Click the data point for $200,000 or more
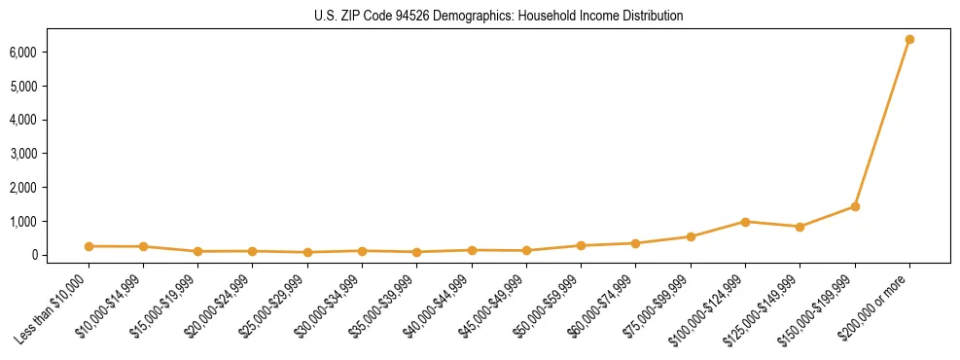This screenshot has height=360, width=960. [x=909, y=39]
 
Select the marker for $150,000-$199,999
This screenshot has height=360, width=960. [x=855, y=206]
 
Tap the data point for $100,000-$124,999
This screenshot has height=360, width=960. [x=745, y=222]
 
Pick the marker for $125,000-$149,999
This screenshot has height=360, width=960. [x=800, y=227]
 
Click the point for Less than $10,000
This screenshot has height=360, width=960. [x=89, y=246]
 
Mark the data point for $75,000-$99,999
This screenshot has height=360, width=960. [x=691, y=236]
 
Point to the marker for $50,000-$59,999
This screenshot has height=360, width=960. [x=581, y=245]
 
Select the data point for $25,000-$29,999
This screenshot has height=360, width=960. [x=307, y=252]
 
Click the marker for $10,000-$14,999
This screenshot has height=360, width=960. [x=143, y=247]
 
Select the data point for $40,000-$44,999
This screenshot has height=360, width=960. [x=472, y=250]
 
